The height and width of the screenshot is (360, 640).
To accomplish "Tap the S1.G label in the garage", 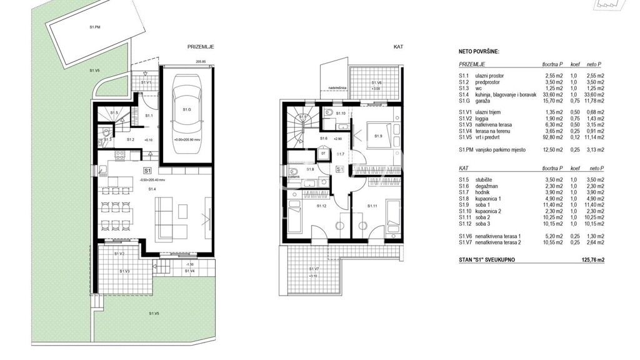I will [186, 109].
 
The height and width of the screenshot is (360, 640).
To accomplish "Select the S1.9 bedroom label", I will [378, 136].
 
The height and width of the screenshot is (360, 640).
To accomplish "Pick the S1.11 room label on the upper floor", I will [372, 206].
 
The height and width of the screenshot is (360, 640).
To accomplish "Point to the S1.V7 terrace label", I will [313, 269].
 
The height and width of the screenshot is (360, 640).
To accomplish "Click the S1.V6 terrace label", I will [376, 82].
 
